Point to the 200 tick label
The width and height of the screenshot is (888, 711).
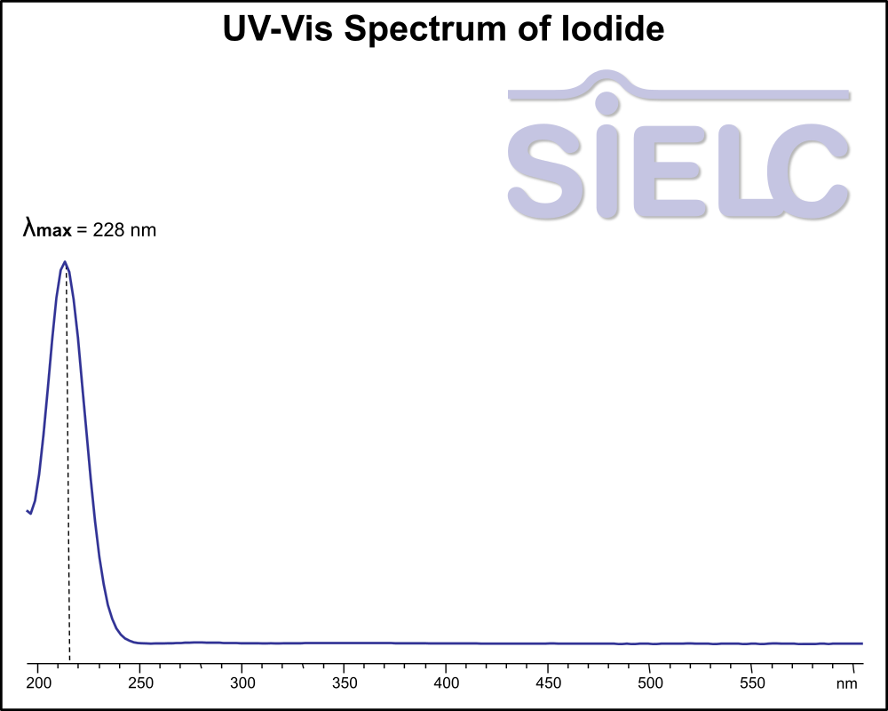38,683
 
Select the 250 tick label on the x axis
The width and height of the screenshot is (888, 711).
140,683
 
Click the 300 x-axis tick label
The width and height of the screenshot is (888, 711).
242,683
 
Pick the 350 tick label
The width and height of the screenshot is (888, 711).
344,683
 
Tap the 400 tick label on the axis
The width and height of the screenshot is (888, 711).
446,683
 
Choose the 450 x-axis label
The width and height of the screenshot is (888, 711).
548,683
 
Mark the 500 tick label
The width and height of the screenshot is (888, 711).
650,683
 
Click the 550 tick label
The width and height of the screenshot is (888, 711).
752,683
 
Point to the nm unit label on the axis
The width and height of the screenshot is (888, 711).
846,683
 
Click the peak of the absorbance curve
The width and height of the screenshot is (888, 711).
64,262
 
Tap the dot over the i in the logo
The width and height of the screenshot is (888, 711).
607,104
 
